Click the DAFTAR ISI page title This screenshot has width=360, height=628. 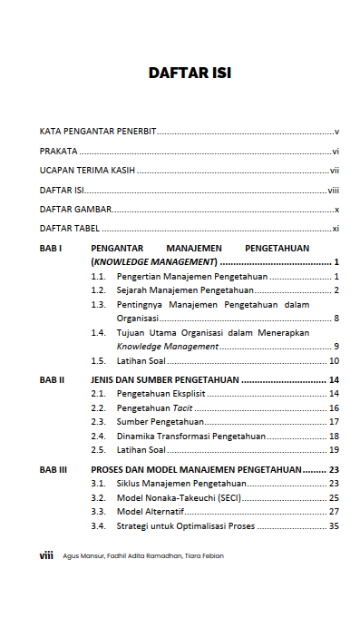190,74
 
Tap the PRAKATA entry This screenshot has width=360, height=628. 58,152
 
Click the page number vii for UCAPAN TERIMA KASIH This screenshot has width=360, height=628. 334,171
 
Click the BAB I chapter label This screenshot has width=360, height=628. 51,248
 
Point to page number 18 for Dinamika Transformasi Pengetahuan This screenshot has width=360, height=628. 334,436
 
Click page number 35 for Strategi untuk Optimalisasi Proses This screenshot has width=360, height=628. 334,525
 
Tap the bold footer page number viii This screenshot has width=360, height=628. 45,555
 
